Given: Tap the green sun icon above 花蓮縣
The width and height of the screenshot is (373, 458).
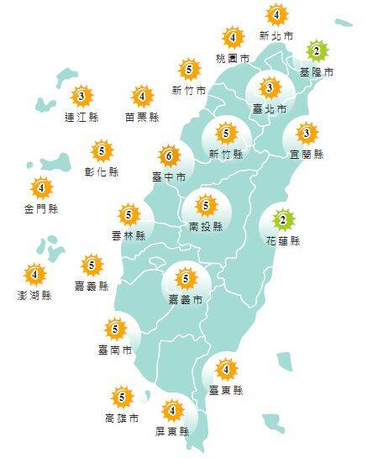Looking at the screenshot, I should pyautogui.click(x=283, y=221).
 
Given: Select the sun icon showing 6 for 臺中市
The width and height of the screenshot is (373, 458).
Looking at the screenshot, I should pyautogui.click(x=169, y=156).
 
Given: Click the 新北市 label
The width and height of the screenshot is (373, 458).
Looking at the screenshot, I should pyautogui.click(x=276, y=37).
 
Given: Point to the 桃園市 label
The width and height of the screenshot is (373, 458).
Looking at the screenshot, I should pyautogui.click(x=232, y=59).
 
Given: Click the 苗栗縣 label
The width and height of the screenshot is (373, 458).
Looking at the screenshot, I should pyautogui.click(x=141, y=118).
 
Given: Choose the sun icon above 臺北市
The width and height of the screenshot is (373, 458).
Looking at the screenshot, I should pyautogui.click(x=269, y=87).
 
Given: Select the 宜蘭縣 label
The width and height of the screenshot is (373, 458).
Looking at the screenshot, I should pyautogui.click(x=307, y=155).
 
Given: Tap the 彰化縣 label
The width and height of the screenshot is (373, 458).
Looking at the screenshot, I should pyautogui.click(x=102, y=172).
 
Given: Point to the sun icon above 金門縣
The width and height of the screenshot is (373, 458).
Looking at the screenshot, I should pyautogui.click(x=40, y=187).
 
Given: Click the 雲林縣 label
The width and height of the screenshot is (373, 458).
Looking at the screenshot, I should pyautogui.click(x=128, y=236).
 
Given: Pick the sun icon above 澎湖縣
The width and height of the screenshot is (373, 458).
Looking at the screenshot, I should pyautogui.click(x=34, y=274).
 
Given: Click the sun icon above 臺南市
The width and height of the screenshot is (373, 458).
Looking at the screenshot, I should pyautogui.click(x=115, y=329).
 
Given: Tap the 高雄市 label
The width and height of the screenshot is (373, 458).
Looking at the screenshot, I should pyautogui.click(x=122, y=418).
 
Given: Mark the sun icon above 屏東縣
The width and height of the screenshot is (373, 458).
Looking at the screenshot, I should pyautogui.click(x=172, y=411).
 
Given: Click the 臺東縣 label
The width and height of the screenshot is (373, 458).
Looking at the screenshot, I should pyautogui.click(x=225, y=390).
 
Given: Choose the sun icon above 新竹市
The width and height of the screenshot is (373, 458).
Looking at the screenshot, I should pyautogui.click(x=189, y=70).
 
